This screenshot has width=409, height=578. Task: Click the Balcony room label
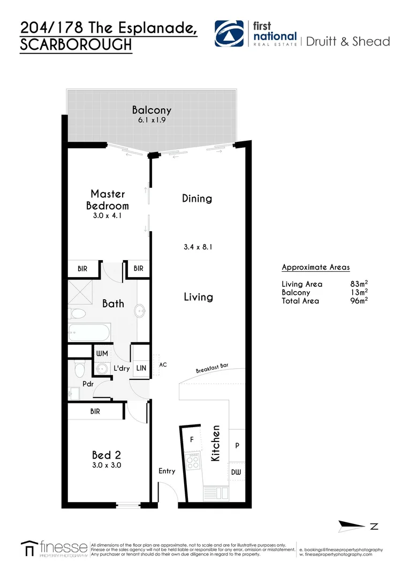(x=152, y=110)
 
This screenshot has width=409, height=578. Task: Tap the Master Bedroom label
(x=108, y=200)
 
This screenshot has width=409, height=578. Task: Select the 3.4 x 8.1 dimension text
(x=198, y=247)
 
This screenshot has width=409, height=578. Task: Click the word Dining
(x=197, y=199)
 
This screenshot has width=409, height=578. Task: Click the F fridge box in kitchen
(x=192, y=439)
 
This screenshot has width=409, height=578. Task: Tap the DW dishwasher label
(x=236, y=472)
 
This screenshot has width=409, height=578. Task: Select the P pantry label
(x=237, y=445)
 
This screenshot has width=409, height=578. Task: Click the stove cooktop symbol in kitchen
(x=193, y=460)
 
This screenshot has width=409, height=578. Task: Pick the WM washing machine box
(x=102, y=354)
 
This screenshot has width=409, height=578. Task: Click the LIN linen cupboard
(x=141, y=368)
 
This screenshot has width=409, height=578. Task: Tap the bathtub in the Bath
(x=89, y=332)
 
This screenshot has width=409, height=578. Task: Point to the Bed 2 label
(x=106, y=455)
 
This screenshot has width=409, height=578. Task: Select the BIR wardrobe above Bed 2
(x=95, y=412)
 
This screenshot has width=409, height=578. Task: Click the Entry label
(x=166, y=471)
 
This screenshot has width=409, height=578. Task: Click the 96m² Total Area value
(x=358, y=301)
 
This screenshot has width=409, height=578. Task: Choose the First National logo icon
(x=230, y=35)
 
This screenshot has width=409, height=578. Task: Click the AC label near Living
(x=163, y=365)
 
